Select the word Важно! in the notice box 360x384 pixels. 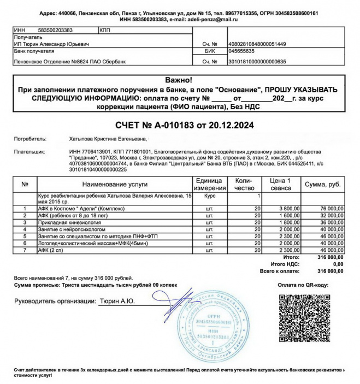pos(178,80)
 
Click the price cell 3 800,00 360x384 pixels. pos(287,208)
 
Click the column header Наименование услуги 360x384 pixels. pos(115,184)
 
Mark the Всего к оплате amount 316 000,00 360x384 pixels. pos(330,271)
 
